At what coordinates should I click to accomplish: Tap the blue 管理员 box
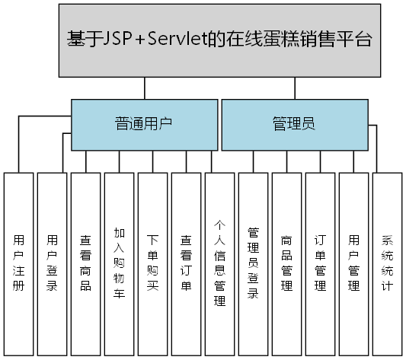point(294,124)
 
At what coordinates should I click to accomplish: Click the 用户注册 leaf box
point(18,263)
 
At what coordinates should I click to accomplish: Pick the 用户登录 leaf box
point(52,263)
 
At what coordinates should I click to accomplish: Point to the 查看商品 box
point(85,263)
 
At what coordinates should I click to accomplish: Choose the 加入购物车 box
point(119,263)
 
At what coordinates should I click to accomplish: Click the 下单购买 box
point(152,263)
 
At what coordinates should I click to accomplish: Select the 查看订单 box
point(186,263)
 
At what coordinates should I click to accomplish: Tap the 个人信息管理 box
point(219,263)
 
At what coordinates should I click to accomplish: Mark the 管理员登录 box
point(253,263)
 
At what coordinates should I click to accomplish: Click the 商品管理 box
point(286,263)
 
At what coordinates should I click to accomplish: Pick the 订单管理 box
point(320,263)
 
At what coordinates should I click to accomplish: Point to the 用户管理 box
point(353,263)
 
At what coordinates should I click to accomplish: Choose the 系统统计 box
point(386,263)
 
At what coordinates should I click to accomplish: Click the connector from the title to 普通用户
point(145,88)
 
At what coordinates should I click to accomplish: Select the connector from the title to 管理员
point(294,88)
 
